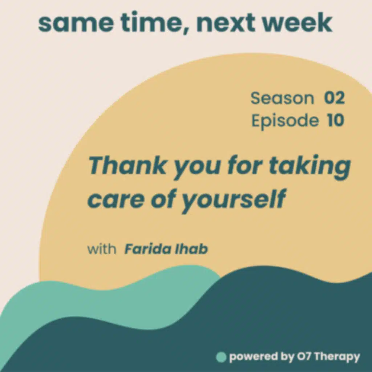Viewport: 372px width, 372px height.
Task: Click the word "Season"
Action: pyautogui.click(x=282, y=99)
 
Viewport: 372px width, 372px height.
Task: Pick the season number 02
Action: pyautogui.click(x=334, y=99)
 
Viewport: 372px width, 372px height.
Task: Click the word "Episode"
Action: pyautogui.click(x=285, y=121)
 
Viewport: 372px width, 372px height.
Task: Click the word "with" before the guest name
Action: pyautogui.click(x=102, y=250)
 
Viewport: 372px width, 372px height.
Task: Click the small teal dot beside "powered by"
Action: pyautogui.click(x=221, y=357)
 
